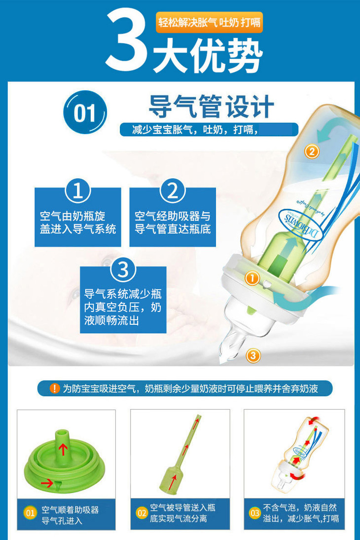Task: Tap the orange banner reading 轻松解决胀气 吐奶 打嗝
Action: tap(209, 22)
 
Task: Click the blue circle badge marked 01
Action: tap(85, 112)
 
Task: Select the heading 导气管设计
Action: tap(211, 106)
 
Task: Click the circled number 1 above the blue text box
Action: tap(78, 191)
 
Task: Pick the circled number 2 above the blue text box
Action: tap(173, 191)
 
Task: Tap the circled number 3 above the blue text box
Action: tap(123, 270)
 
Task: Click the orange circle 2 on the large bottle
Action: tap(312, 152)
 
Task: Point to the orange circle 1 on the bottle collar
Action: tap(252, 278)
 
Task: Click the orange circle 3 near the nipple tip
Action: tap(253, 355)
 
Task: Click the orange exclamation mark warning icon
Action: tap(55, 388)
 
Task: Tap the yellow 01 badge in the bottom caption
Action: tap(30, 513)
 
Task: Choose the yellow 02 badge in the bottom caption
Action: tap(142, 513)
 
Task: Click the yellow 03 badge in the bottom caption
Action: tap(254, 513)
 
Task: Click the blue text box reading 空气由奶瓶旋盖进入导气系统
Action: tap(78, 217)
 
